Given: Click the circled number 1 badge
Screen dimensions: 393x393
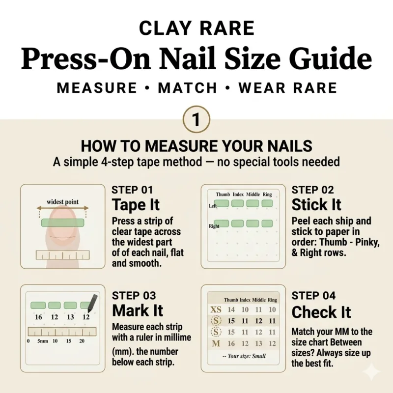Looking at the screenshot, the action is pos(196,119).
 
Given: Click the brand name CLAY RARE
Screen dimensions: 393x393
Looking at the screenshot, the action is pos(197,28).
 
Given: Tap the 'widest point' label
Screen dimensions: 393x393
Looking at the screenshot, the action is pos(62,202).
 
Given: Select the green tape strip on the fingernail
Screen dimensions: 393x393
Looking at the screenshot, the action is pos(63,223).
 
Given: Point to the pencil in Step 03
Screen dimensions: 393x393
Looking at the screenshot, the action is pos(92,304).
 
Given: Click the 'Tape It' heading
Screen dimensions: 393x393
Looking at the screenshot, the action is pos(136,205).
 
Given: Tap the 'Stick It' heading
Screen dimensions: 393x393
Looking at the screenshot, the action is pos(316,205).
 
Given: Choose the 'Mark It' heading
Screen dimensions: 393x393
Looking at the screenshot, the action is pos(138,310).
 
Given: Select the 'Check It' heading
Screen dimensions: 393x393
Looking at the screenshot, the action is pos(321,312).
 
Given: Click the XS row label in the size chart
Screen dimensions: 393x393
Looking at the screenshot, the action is pos(216,309).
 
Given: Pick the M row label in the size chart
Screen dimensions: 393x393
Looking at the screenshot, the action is pos(216,343).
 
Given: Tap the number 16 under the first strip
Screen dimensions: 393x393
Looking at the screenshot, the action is pos(38,317).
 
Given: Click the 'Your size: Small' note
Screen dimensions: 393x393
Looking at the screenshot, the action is pos(244,356).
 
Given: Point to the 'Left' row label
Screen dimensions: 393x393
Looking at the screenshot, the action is pos(213,206).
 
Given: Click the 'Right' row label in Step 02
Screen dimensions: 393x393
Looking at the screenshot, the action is pos(214,226).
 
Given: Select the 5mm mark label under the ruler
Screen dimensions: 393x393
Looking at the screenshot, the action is pos(43,341).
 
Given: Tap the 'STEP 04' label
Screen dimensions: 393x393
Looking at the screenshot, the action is pos(313,296).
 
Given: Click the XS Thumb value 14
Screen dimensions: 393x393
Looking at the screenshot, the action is pos(231,309).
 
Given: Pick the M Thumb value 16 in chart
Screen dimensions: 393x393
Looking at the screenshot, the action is pos(231,343).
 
